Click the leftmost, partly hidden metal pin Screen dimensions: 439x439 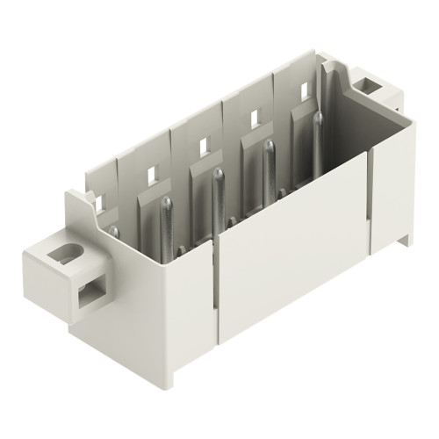(114, 233)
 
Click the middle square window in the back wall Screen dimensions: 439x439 (203, 143)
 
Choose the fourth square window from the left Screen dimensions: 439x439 (254, 115)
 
